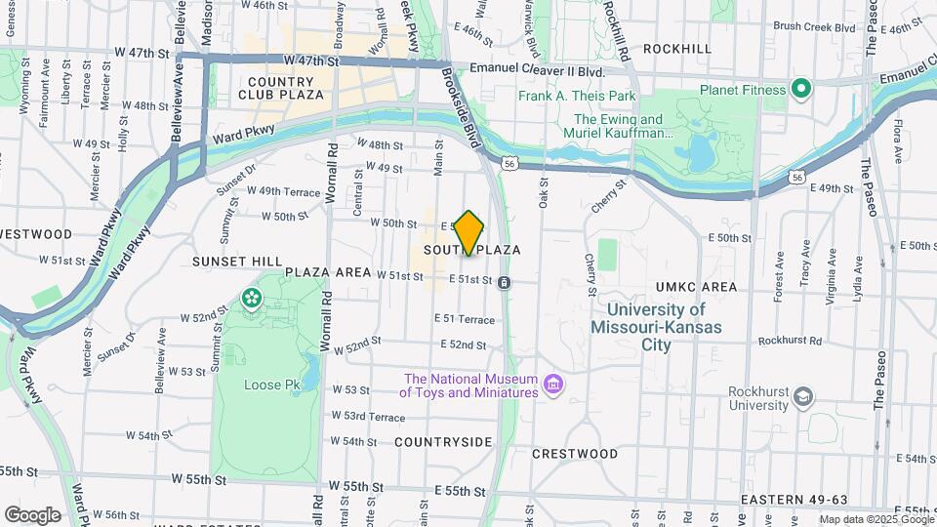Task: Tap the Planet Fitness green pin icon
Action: pos(801,90)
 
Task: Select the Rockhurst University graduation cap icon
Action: pos(802,396)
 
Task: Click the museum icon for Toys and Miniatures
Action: pos(553,385)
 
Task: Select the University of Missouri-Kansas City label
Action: pos(656,327)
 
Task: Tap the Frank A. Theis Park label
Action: pos(577,96)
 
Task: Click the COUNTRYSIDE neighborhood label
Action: pos(443,442)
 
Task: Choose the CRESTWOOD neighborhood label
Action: pos(575,454)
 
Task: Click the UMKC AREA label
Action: pos(696,287)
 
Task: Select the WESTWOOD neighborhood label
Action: pos(37,234)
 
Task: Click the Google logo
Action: pos(32,515)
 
